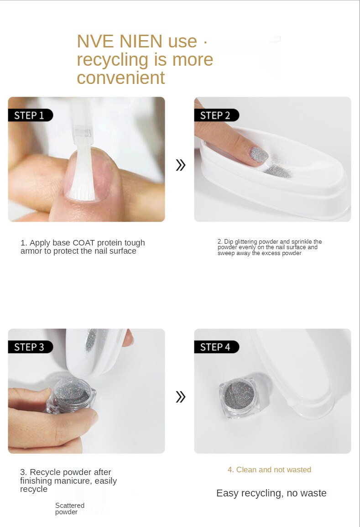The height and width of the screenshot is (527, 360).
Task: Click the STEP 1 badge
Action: (x=30, y=115)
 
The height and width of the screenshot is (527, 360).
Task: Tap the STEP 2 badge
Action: (x=216, y=115)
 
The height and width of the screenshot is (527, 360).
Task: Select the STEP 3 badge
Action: (x=30, y=347)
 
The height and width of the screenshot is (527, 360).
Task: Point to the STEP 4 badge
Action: (x=216, y=347)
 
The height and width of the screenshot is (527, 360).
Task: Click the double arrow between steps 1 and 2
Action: (x=181, y=165)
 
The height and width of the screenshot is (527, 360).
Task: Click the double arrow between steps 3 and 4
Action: (x=181, y=397)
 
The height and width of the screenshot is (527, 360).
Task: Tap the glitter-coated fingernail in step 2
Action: (x=259, y=155)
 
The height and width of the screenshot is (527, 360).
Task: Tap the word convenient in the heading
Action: (x=120, y=78)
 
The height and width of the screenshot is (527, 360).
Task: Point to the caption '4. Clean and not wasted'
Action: (x=269, y=470)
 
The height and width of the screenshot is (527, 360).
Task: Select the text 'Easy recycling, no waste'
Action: (x=271, y=493)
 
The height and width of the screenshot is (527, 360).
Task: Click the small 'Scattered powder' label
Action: (x=69, y=509)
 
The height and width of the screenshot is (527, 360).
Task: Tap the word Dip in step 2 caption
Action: (x=230, y=241)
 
